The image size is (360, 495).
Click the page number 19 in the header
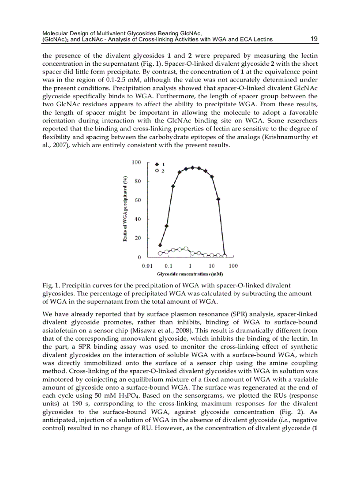[314, 39]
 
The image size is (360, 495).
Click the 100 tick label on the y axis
[136, 163]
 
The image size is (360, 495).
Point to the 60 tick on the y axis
[138, 200]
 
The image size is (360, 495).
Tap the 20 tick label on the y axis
[138, 238]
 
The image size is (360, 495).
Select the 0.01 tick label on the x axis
[147, 266]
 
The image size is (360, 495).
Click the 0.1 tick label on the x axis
[168, 266]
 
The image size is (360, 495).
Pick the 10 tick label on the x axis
[212, 266]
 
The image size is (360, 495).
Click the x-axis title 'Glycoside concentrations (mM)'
[190, 274]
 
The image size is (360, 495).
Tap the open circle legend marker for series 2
[157, 171]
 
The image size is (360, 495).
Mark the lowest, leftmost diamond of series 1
[160, 245]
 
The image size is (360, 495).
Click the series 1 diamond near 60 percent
[218, 199]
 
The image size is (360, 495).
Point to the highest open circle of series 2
[186, 249]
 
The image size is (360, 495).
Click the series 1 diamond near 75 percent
[173, 186]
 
